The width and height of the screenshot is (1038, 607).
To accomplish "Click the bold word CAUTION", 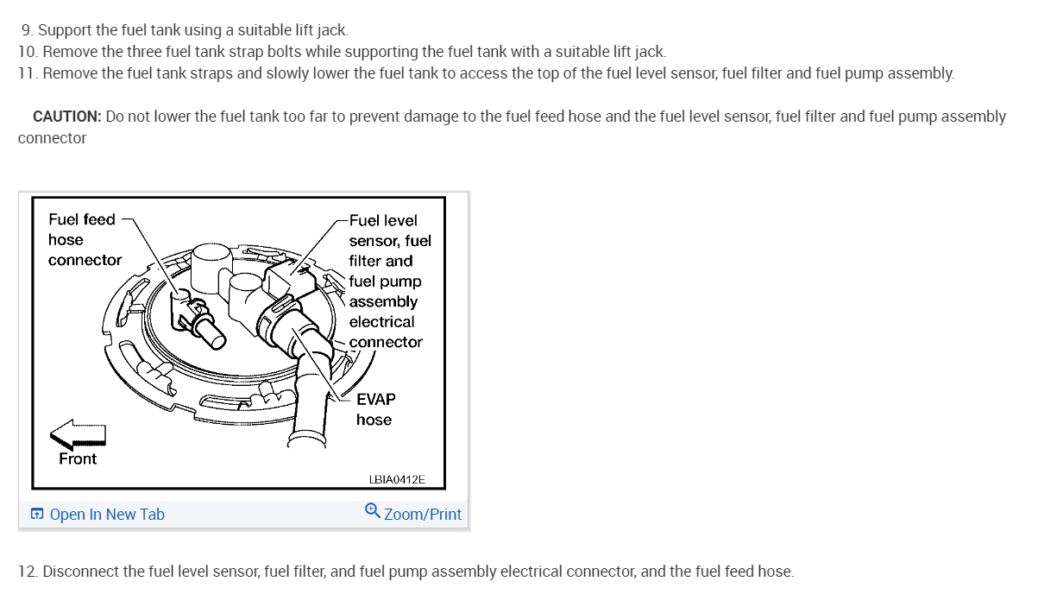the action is coord(66,117).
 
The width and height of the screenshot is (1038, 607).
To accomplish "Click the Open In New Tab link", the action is coord(107,515).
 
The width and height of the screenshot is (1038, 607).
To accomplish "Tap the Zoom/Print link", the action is coord(422,515).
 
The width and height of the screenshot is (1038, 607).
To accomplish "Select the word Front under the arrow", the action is coord(78,458).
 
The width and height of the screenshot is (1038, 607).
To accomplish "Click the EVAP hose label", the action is coord(375,409).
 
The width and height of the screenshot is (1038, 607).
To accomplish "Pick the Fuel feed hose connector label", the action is coord(84,239).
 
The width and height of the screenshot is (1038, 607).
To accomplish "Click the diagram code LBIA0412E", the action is coord(397,479).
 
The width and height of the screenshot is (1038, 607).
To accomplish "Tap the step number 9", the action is coord(27,30).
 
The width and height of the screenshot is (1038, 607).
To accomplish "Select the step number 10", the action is coord(27,52).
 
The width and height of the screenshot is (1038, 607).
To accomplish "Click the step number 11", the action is coord(27,73).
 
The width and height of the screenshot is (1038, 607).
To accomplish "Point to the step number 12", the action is coord(27,572).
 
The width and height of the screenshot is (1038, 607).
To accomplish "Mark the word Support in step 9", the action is coord(66,30).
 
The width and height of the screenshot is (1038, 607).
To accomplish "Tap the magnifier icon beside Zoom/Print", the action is coord(372,511).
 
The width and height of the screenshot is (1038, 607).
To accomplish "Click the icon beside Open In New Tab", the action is coord(37,515).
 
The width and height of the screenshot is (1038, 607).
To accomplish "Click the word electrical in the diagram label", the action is coord(381,322).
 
